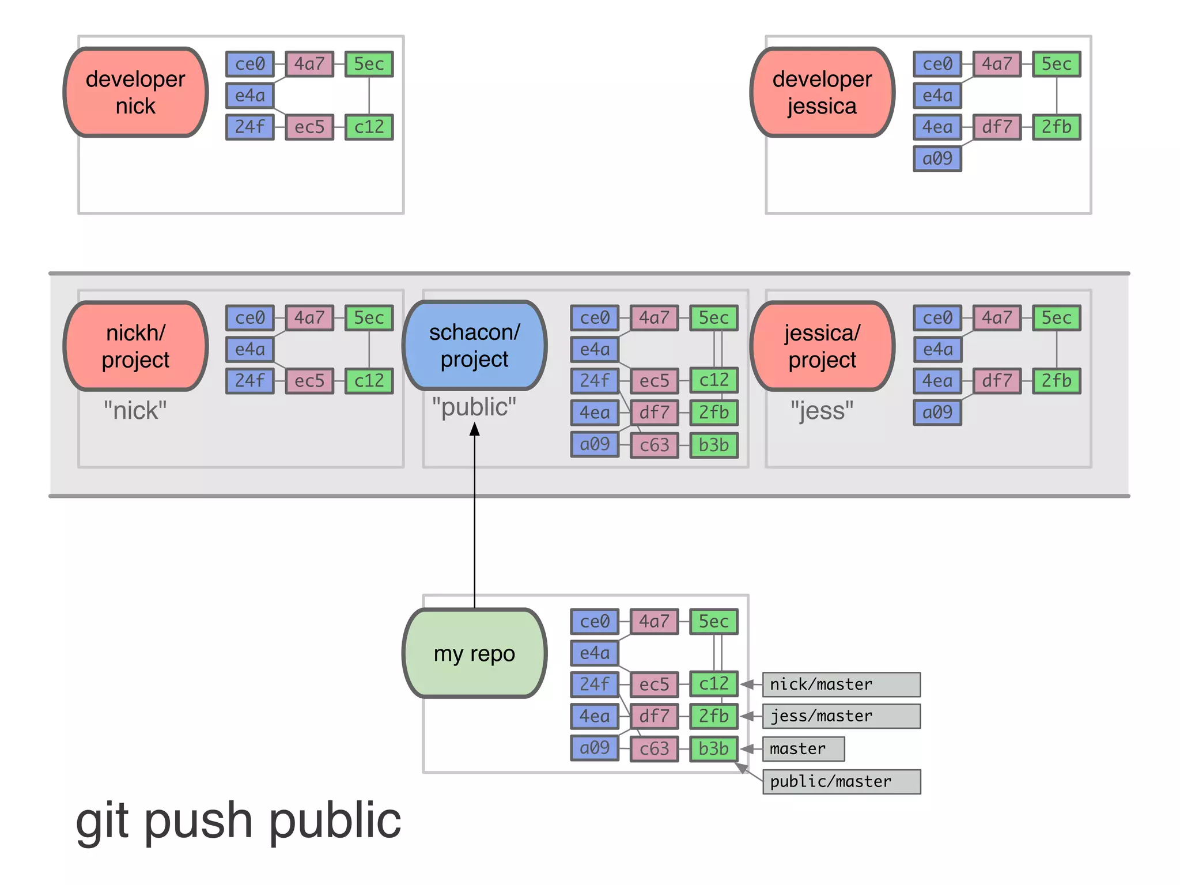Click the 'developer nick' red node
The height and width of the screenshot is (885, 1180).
point(135,92)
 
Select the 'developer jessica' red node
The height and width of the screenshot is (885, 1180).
point(822,92)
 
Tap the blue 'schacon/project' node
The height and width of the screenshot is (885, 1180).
point(474,346)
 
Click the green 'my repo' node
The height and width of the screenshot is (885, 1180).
point(474,653)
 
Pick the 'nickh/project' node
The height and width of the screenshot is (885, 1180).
point(135,346)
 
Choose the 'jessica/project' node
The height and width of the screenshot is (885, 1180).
point(822,346)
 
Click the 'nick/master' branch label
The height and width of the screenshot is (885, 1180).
point(841,684)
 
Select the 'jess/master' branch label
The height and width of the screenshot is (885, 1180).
point(841,716)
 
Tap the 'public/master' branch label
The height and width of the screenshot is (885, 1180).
point(841,782)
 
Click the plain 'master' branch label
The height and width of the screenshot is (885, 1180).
point(803,749)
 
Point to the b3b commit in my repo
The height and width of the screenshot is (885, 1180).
point(714,749)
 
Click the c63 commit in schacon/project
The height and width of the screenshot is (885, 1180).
point(654,445)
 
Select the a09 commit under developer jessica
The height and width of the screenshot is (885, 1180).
point(937,158)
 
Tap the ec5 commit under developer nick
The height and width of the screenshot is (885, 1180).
point(309,127)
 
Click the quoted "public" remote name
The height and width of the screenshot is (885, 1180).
point(474,407)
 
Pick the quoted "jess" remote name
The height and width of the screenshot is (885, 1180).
point(822,411)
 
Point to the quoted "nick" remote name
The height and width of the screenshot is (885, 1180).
point(135,411)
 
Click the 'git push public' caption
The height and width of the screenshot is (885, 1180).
point(239,820)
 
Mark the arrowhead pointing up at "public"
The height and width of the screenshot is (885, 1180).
point(474,429)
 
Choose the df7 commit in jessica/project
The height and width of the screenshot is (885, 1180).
point(997,381)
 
